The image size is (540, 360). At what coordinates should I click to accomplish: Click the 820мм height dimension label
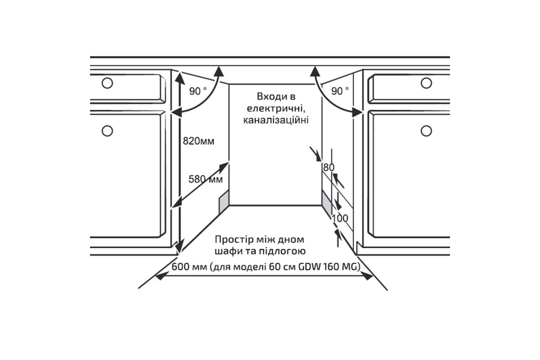(198, 141)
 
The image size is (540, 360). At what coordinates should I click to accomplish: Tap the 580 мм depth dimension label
(206, 179)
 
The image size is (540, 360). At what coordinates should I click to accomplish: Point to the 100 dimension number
(340, 219)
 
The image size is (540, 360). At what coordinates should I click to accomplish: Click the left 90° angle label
(198, 91)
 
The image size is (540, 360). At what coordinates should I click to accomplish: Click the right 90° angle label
(340, 91)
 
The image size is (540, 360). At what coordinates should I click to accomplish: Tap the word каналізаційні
(275, 121)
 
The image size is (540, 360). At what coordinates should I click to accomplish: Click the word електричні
(275, 108)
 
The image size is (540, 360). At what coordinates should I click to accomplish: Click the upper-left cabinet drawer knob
(107, 83)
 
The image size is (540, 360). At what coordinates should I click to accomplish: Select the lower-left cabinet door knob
(107, 131)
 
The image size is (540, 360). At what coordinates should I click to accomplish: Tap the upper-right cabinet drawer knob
(426, 83)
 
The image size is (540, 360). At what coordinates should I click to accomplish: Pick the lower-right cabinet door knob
(426, 131)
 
